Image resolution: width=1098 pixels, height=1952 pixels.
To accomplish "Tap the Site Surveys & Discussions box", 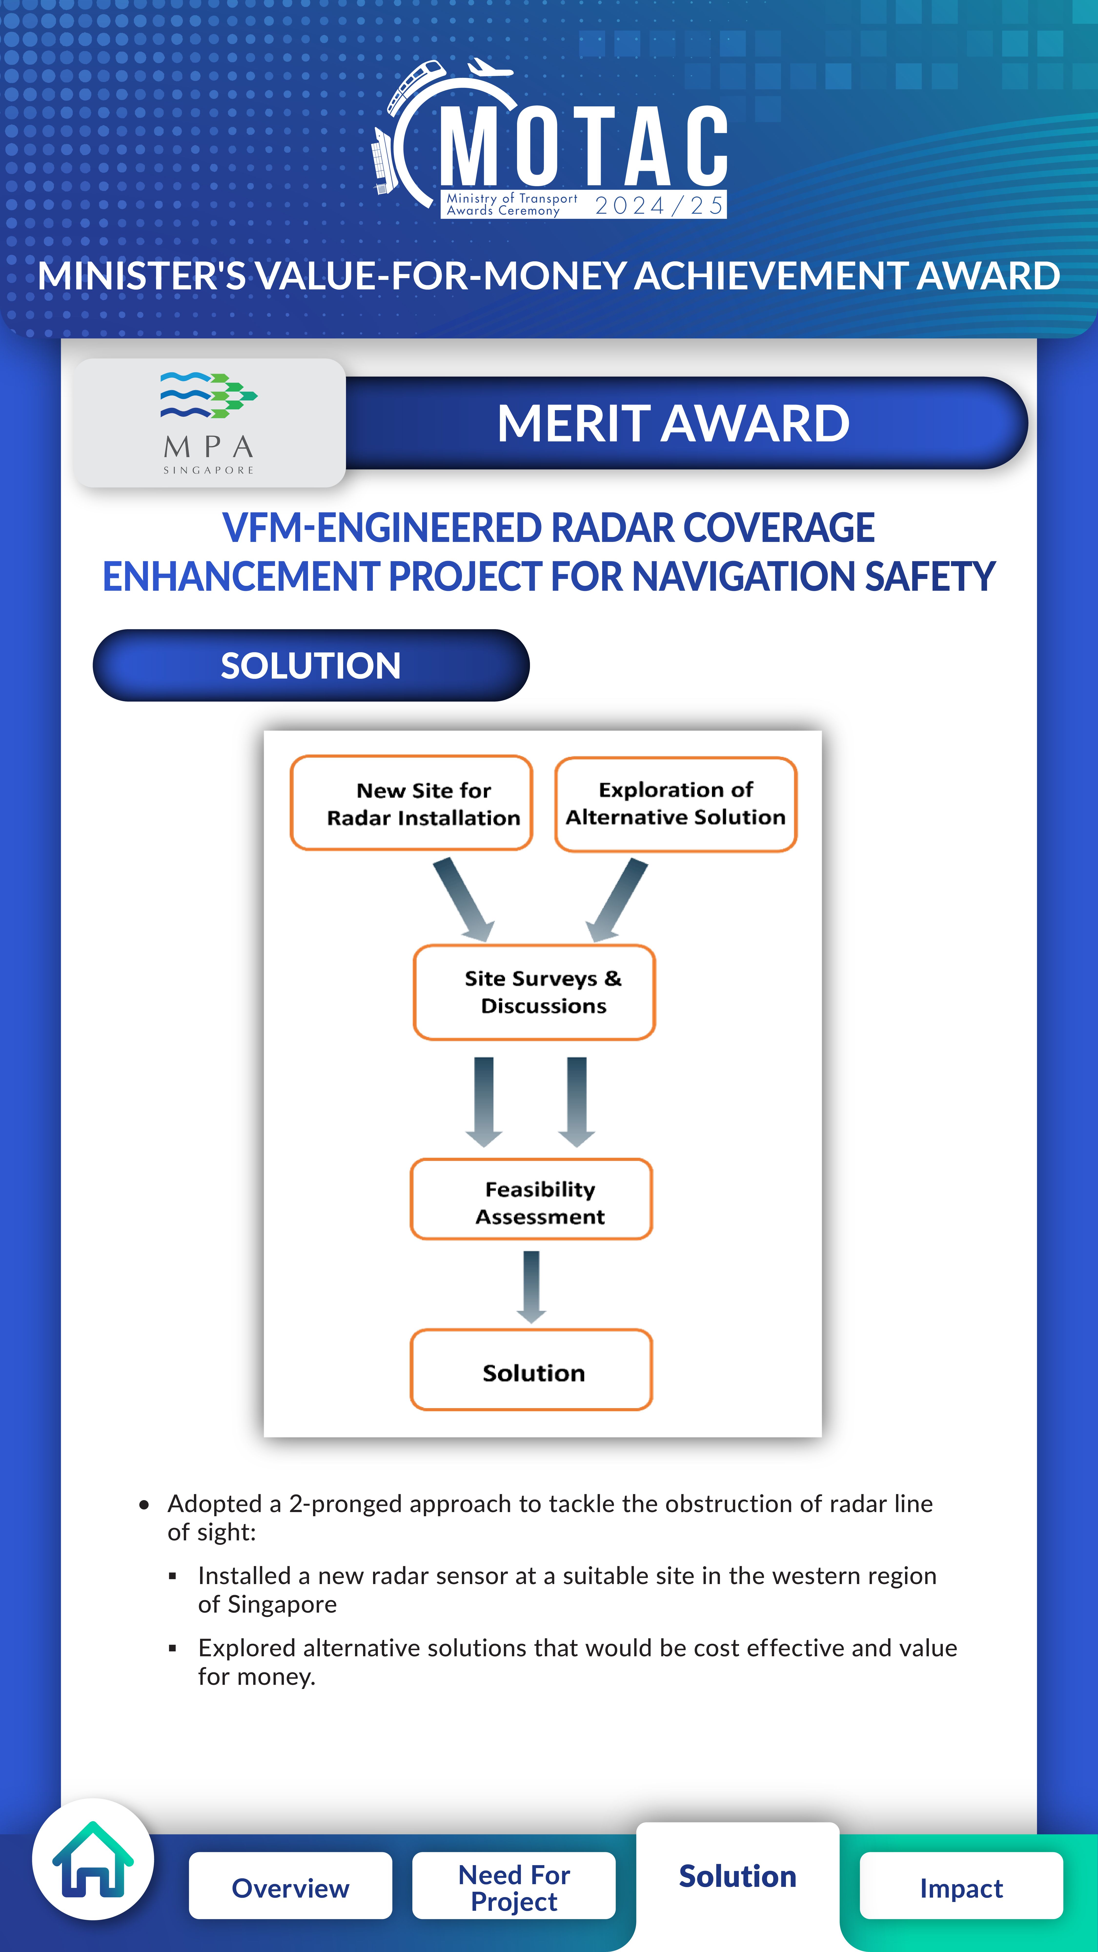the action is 534,992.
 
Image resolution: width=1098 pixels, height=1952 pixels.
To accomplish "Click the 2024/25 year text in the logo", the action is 659,205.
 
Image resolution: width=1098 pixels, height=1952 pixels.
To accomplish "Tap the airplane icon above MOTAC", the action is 491,68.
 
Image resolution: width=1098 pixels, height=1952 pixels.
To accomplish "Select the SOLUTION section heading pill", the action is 311,665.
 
